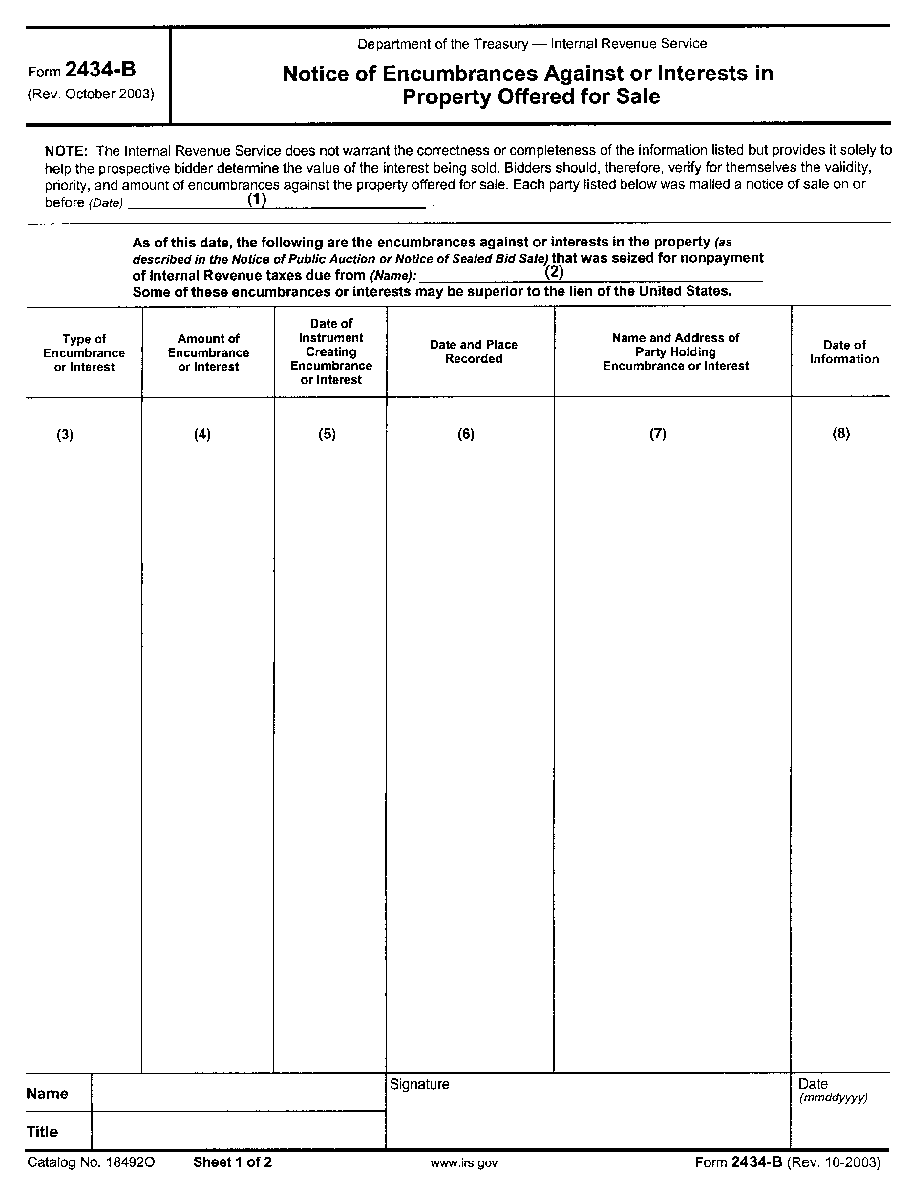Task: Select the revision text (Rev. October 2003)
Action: click(x=91, y=94)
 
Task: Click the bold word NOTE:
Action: click(x=66, y=151)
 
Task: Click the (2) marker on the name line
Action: click(x=554, y=271)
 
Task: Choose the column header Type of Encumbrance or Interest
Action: click(x=84, y=353)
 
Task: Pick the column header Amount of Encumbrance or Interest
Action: click(x=208, y=353)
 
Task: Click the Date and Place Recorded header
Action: click(x=473, y=351)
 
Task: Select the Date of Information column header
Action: click(x=844, y=352)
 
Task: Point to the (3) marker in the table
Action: click(x=65, y=435)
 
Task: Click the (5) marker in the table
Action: click(x=327, y=434)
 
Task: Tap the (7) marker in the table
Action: click(x=658, y=434)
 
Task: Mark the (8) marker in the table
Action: click(x=841, y=433)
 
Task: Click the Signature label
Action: click(x=420, y=1084)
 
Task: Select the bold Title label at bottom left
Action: click(x=42, y=1132)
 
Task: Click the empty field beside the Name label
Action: click(x=239, y=1092)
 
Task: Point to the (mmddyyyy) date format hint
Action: click(x=833, y=1098)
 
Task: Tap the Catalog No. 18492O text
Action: click(x=92, y=1162)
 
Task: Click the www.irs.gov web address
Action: click(x=464, y=1163)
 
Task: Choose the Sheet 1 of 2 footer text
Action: click(x=233, y=1162)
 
